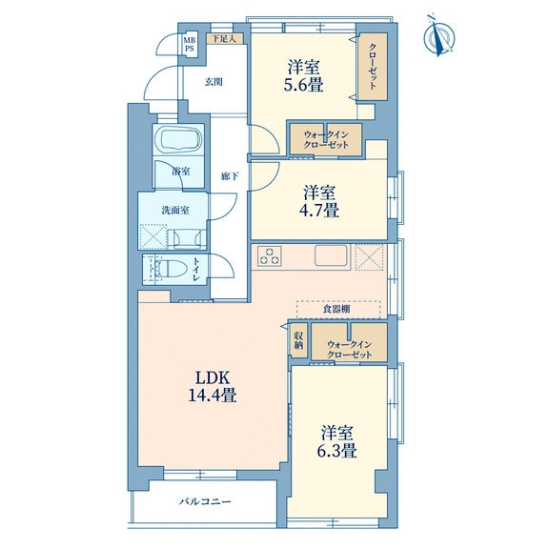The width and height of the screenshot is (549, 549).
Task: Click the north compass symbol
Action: (x=439, y=36)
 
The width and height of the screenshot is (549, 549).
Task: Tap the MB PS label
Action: (x=190, y=45)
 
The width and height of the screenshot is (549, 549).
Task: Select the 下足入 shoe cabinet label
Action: (x=224, y=38)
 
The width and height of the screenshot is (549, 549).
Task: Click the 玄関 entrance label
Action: (x=213, y=82)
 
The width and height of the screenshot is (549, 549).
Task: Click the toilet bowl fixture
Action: (x=172, y=269)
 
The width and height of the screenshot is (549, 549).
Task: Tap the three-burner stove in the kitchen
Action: (x=269, y=255)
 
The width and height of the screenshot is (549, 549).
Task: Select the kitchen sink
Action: (x=332, y=255)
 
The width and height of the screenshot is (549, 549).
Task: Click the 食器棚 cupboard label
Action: (x=336, y=309)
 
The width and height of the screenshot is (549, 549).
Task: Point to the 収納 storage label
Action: (x=298, y=339)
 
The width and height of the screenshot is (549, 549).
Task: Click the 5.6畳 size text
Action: (x=303, y=85)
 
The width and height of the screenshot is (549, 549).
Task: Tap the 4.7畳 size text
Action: (x=318, y=211)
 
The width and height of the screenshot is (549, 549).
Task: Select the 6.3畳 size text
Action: (x=336, y=451)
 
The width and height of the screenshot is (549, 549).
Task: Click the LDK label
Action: (x=213, y=378)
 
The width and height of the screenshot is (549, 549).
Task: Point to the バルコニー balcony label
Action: (x=205, y=501)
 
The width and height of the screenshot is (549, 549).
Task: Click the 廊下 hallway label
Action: (x=230, y=176)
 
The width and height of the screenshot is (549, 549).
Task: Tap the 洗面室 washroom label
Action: (x=175, y=210)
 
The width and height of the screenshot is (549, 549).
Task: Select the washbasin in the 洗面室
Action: (x=187, y=239)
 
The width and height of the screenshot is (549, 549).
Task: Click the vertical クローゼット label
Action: (x=373, y=67)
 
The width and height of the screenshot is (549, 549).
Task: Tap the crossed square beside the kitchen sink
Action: (x=370, y=256)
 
